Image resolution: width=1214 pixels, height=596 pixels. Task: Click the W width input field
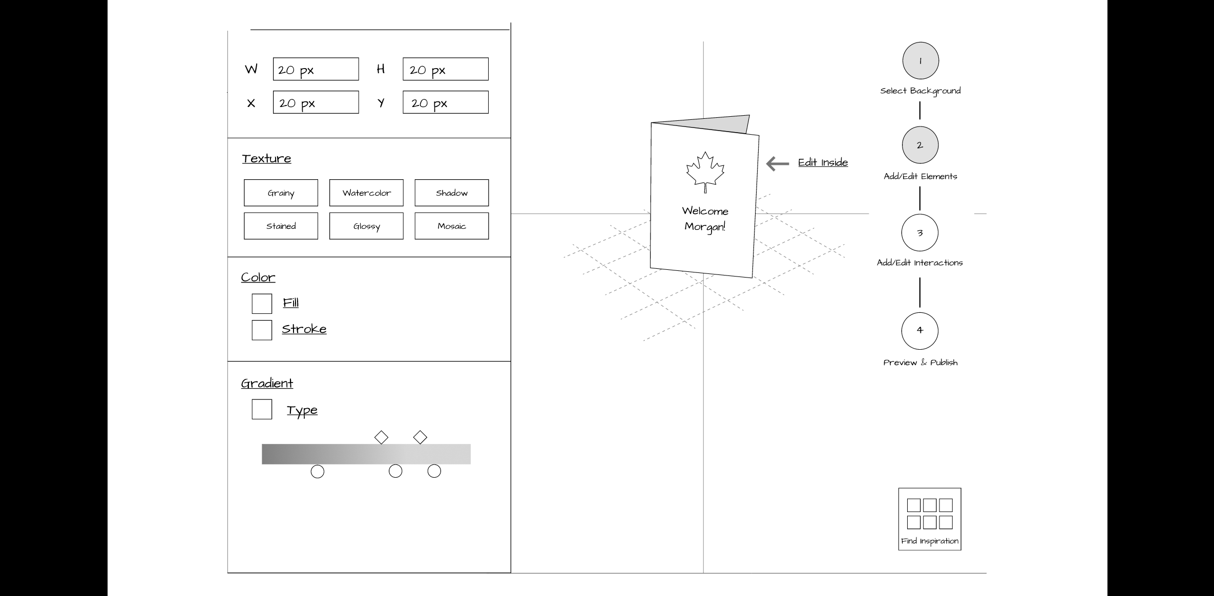click(x=316, y=69)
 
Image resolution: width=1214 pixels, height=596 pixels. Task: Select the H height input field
click(x=445, y=69)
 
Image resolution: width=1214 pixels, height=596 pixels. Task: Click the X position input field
click(x=316, y=102)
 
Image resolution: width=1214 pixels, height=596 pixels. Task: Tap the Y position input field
click(x=445, y=102)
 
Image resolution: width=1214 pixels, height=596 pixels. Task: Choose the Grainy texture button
click(x=281, y=193)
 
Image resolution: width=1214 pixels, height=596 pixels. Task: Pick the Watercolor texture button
click(x=366, y=193)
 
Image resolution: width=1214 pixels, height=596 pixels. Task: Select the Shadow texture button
click(x=451, y=193)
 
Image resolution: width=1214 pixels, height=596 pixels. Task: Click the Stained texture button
click(x=281, y=226)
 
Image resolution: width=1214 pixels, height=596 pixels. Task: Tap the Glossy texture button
click(x=366, y=226)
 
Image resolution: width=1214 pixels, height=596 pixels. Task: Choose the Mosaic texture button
click(x=451, y=226)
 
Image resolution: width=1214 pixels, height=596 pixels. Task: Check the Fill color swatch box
click(x=262, y=304)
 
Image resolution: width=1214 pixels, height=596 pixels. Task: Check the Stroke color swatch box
click(x=262, y=330)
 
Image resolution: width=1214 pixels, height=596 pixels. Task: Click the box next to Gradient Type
click(x=262, y=410)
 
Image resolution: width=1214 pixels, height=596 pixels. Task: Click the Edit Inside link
click(x=823, y=162)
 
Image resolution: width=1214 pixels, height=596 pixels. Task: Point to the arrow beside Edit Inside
click(x=778, y=163)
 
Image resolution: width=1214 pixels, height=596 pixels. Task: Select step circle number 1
click(x=920, y=61)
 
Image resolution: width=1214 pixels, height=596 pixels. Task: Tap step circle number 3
click(x=920, y=233)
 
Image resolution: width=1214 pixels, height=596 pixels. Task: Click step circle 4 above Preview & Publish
click(x=920, y=331)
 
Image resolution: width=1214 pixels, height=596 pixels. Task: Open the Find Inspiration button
click(x=930, y=519)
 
